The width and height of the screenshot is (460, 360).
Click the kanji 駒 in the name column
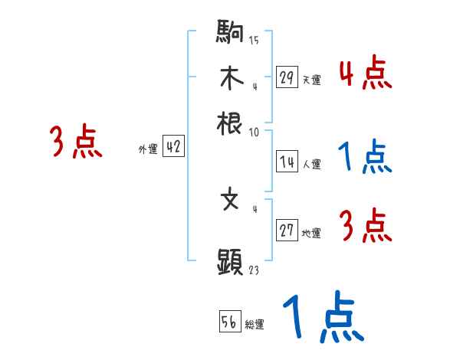[230, 34]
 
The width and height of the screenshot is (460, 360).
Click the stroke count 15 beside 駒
[254, 40]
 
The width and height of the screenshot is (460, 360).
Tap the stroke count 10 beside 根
[254, 132]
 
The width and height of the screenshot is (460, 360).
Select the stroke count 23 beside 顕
[254, 270]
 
